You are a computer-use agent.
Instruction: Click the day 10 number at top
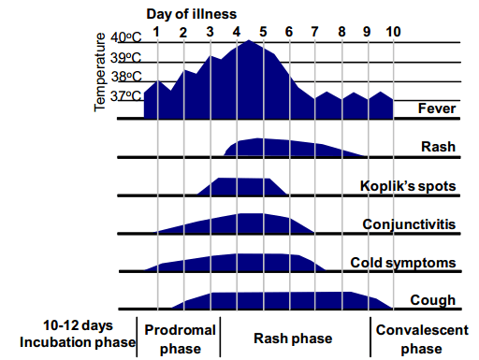point(393,31)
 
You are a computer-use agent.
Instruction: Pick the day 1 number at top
point(157,31)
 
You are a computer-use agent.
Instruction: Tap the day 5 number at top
point(263,31)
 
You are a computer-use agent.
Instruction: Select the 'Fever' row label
point(437,108)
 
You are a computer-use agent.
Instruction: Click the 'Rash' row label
point(439,147)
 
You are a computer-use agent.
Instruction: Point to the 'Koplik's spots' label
point(409,186)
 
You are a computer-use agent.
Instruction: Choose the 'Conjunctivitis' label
point(410,224)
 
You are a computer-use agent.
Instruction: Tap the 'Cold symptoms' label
point(403,263)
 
